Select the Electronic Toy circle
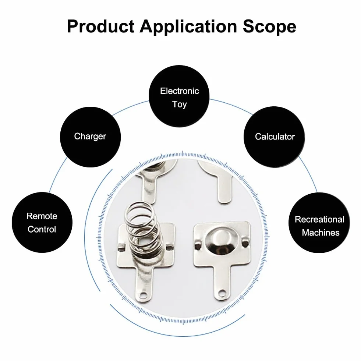[x=179, y=96]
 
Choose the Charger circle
[x=90, y=137]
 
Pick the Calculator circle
[x=274, y=137]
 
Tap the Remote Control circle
[x=42, y=222]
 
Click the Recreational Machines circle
[x=319, y=223]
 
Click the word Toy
[x=180, y=105]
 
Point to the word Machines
[x=321, y=233]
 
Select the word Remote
[x=42, y=216]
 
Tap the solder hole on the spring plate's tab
[x=143, y=295]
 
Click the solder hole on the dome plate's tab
[x=222, y=294]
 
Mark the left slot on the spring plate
[x=121, y=248]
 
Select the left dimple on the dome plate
[x=198, y=243]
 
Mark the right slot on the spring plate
[x=169, y=247]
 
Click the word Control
[x=42, y=229]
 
